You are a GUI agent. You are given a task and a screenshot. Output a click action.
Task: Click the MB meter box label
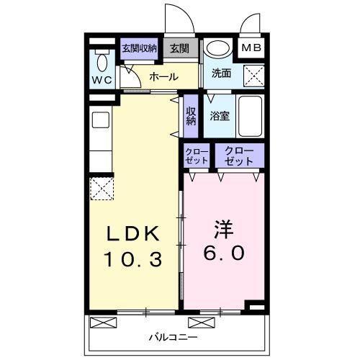point(251,48)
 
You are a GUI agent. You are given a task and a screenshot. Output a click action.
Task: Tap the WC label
point(101,80)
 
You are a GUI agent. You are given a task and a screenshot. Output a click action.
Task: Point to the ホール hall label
point(163,76)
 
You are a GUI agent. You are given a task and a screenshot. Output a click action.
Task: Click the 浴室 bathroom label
point(220,115)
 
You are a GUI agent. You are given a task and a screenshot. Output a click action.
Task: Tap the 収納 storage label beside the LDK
point(191,117)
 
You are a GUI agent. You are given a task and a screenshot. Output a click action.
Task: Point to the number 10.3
point(133,257)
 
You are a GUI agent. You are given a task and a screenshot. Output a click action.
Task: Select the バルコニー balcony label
point(174,336)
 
